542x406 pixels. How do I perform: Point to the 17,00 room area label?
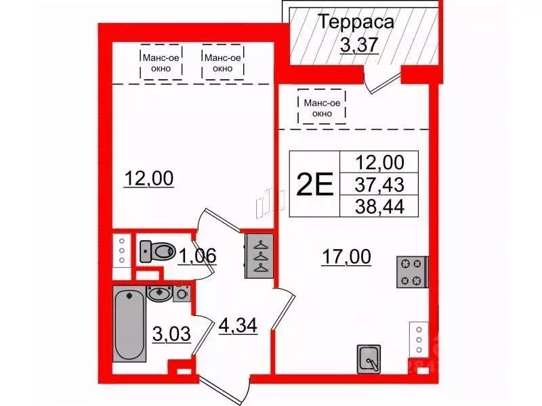pyautogui.click(x=345, y=257)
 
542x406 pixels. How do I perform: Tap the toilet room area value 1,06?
pyautogui.click(x=198, y=255)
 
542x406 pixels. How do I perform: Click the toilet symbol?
pyautogui.click(x=157, y=251)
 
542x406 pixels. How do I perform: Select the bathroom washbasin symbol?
pyautogui.click(x=161, y=294)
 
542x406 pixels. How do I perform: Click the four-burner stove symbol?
pyautogui.click(x=411, y=272)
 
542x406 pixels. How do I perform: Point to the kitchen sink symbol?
pyautogui.click(x=369, y=358)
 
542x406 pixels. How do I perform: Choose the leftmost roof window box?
pyautogui.click(x=161, y=62)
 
